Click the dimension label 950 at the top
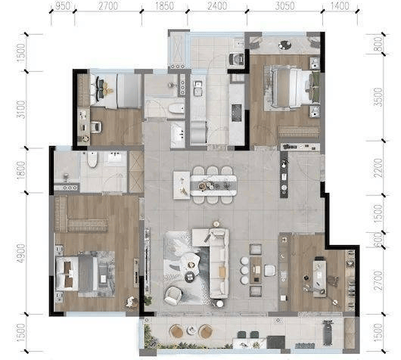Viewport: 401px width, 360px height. (x=62, y=6)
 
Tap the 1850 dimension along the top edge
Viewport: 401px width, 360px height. (x=164, y=6)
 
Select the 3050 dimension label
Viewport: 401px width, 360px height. (x=285, y=6)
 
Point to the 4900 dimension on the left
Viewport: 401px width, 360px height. (x=21, y=253)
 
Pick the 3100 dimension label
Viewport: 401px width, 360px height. (x=21, y=110)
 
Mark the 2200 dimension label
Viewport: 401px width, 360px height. (x=378, y=168)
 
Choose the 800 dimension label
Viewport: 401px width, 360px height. (x=378, y=44)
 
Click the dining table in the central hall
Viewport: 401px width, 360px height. (x=213, y=185)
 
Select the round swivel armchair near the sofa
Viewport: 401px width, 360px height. (x=173, y=296)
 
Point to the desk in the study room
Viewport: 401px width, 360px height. (x=320, y=278)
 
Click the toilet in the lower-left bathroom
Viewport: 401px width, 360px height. (x=92, y=160)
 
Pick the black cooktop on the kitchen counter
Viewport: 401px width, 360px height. (x=236, y=113)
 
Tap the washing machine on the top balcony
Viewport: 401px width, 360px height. (x=237, y=59)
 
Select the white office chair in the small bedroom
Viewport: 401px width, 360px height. (x=95, y=127)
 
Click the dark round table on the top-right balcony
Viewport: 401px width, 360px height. (x=284, y=45)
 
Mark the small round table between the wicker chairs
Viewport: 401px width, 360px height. (x=191, y=330)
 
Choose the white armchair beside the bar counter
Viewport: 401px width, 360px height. (x=271, y=271)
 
